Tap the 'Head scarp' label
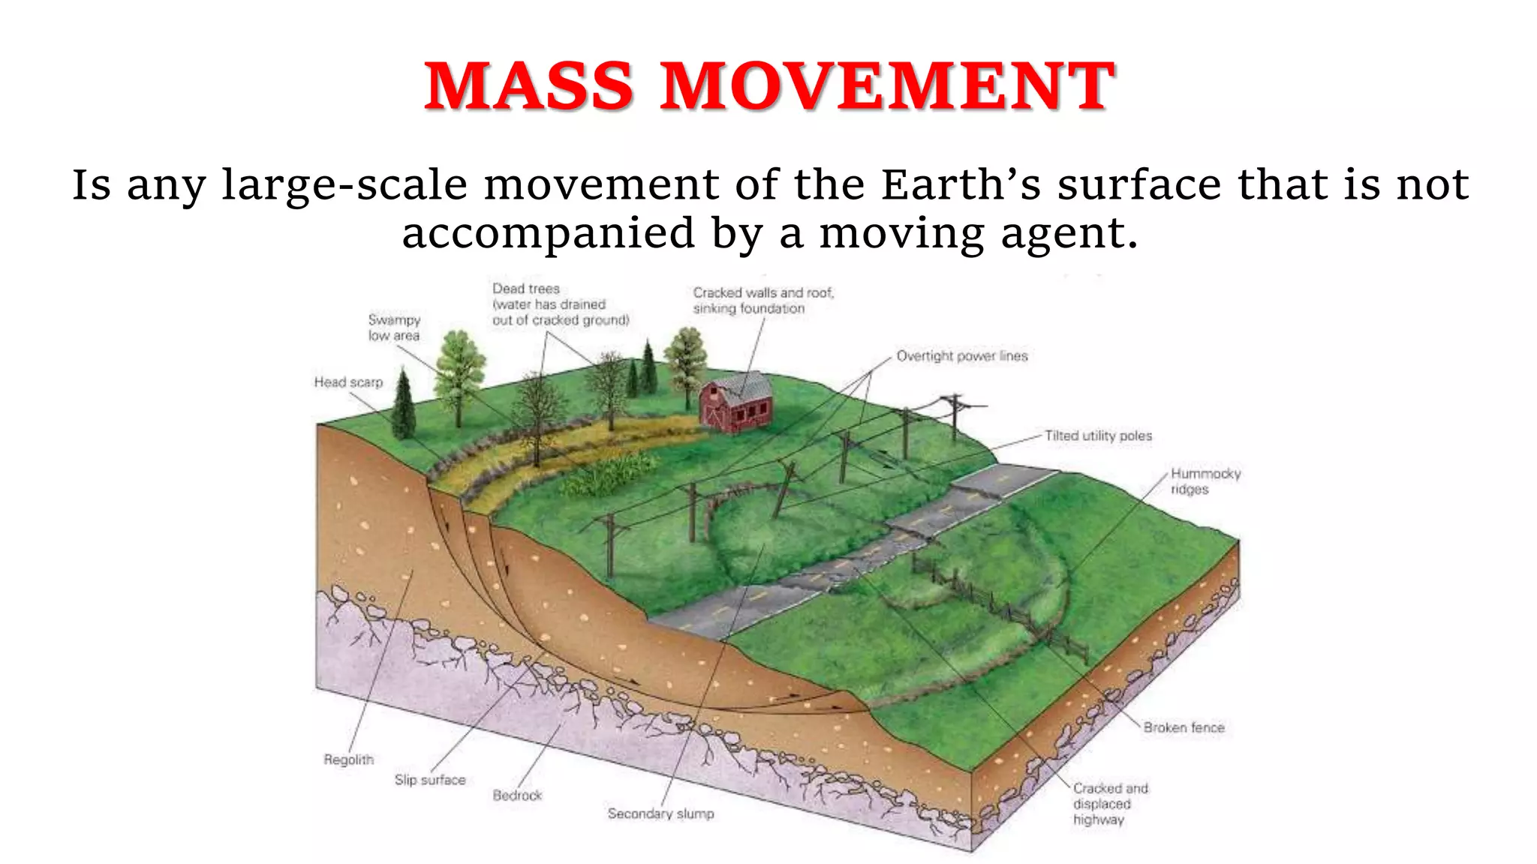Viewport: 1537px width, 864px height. [x=348, y=382]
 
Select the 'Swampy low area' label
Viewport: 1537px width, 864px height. [x=394, y=328]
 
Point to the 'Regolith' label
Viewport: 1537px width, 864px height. [x=348, y=760]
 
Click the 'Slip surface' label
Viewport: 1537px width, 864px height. [x=430, y=780]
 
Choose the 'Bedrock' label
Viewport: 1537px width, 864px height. [x=517, y=795]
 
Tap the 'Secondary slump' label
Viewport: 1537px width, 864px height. [x=660, y=814]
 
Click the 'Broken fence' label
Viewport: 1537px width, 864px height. [x=1184, y=727]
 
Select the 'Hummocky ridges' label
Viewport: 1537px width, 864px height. [x=1205, y=481]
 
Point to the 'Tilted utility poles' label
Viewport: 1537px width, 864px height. [x=1098, y=436]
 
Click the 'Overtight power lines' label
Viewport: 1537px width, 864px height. [x=962, y=356]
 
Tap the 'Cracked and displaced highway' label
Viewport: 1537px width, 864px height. [x=1110, y=804]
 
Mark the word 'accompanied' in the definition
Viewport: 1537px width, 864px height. [x=549, y=234]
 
